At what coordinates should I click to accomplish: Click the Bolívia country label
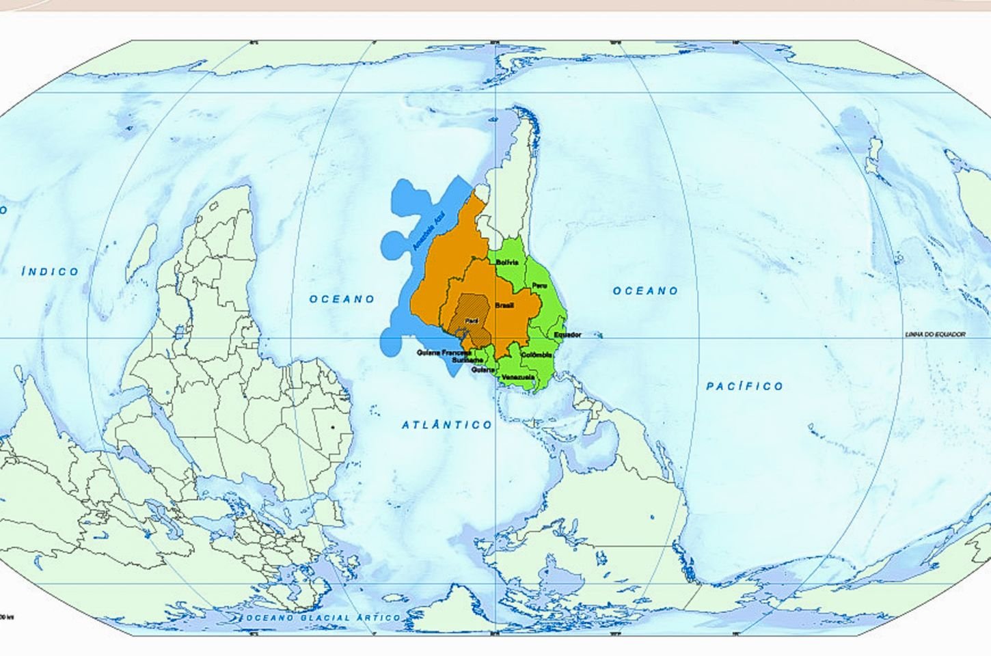pyautogui.click(x=507, y=262)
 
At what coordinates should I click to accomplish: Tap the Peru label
pyautogui.click(x=539, y=285)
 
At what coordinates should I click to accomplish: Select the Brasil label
pyautogui.click(x=504, y=306)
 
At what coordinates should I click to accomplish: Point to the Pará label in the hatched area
pyautogui.click(x=471, y=320)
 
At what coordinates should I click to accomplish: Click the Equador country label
pyautogui.click(x=567, y=335)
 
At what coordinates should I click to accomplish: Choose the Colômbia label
pyautogui.click(x=537, y=355)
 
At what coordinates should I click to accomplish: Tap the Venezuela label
pyautogui.click(x=517, y=377)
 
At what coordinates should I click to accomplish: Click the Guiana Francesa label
pyautogui.click(x=444, y=353)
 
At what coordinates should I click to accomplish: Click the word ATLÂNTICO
pyautogui.click(x=447, y=425)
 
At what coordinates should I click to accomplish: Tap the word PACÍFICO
pyautogui.click(x=744, y=387)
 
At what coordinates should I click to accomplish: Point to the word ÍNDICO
pyautogui.click(x=51, y=272)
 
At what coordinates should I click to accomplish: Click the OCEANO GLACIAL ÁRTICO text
pyautogui.click(x=323, y=618)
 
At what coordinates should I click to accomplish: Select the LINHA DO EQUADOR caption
pyautogui.click(x=935, y=334)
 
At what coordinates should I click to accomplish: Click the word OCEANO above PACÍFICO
pyautogui.click(x=645, y=291)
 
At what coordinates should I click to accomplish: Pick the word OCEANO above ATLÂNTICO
pyautogui.click(x=342, y=299)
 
